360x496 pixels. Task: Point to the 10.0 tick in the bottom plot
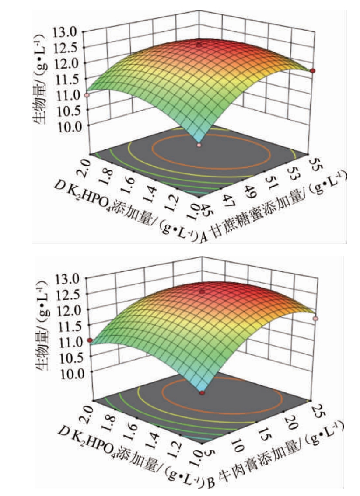pos(67,372)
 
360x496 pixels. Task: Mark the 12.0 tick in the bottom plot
pos(67,309)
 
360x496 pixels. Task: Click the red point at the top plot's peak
pos(199,45)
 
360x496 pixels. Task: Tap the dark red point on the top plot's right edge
pos(312,71)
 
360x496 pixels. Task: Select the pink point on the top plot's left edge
pos(87,95)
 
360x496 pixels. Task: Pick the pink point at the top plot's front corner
pos(199,145)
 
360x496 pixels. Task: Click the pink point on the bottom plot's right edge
pos(315,319)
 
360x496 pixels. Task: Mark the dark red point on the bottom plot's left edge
pos(90,340)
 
